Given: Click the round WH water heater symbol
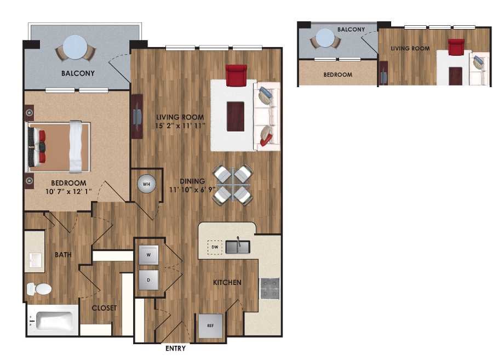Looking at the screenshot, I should click(146, 184).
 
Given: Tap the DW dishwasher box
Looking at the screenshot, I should click(215, 248).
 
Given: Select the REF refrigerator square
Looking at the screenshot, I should click(210, 325).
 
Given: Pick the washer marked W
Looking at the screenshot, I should click(148, 255).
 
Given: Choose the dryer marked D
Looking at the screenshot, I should click(148, 279).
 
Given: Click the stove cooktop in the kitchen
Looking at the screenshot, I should click(270, 288).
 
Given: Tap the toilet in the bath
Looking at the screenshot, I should click(39, 288).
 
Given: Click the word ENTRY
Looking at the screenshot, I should click(175, 348).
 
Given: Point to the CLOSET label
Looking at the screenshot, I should click(104, 308).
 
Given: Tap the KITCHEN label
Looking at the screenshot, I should click(227, 283).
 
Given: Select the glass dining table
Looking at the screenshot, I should click(232, 185).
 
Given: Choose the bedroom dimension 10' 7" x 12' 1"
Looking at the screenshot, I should click(68, 192).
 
